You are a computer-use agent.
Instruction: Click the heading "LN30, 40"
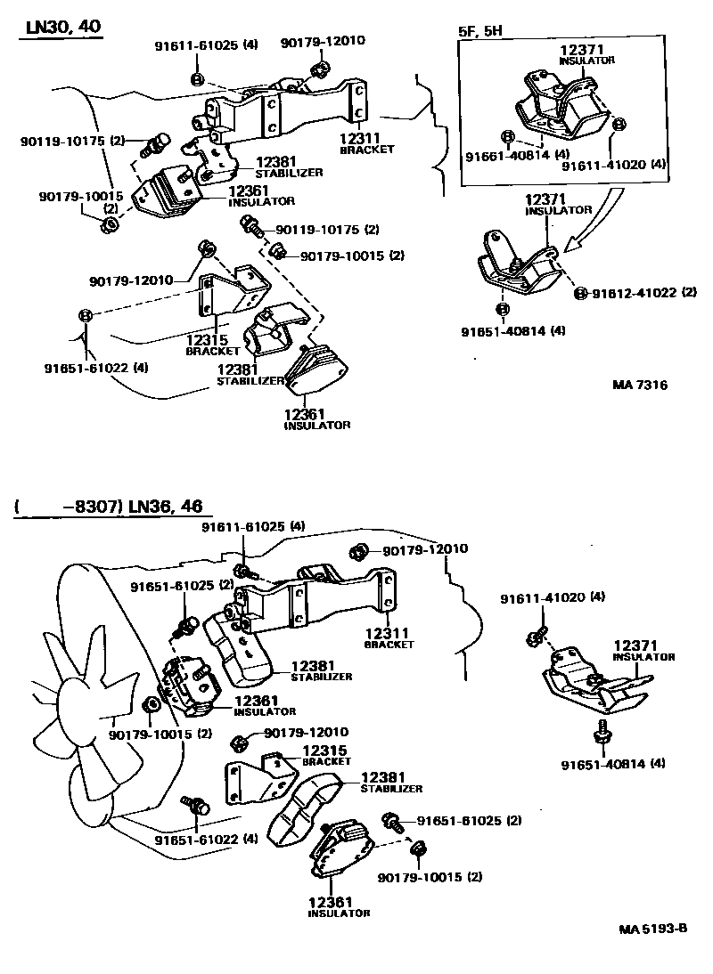pyautogui.click(x=62, y=28)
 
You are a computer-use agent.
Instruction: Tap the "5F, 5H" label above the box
pyautogui.click(x=479, y=30)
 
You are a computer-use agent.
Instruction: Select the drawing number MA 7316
pyautogui.click(x=640, y=386)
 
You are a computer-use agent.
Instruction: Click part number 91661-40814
pyautogui.click(x=508, y=155)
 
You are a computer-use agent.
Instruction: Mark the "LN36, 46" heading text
pyautogui.click(x=166, y=507)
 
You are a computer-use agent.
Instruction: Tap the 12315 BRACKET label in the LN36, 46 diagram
pyautogui.click(x=325, y=755)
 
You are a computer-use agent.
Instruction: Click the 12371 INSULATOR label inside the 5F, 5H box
pyautogui.click(x=586, y=54)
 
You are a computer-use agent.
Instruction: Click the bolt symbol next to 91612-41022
pyautogui.click(x=580, y=293)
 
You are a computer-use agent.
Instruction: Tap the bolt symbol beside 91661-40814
pyautogui.click(x=507, y=136)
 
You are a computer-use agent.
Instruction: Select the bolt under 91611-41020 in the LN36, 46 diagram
pyautogui.click(x=536, y=637)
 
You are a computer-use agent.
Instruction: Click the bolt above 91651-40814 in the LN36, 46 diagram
pyautogui.click(x=602, y=733)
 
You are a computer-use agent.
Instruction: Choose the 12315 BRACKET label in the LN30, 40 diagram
pyautogui.click(x=212, y=345)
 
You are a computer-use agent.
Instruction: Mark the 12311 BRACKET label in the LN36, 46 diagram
pyautogui.click(x=389, y=638)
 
